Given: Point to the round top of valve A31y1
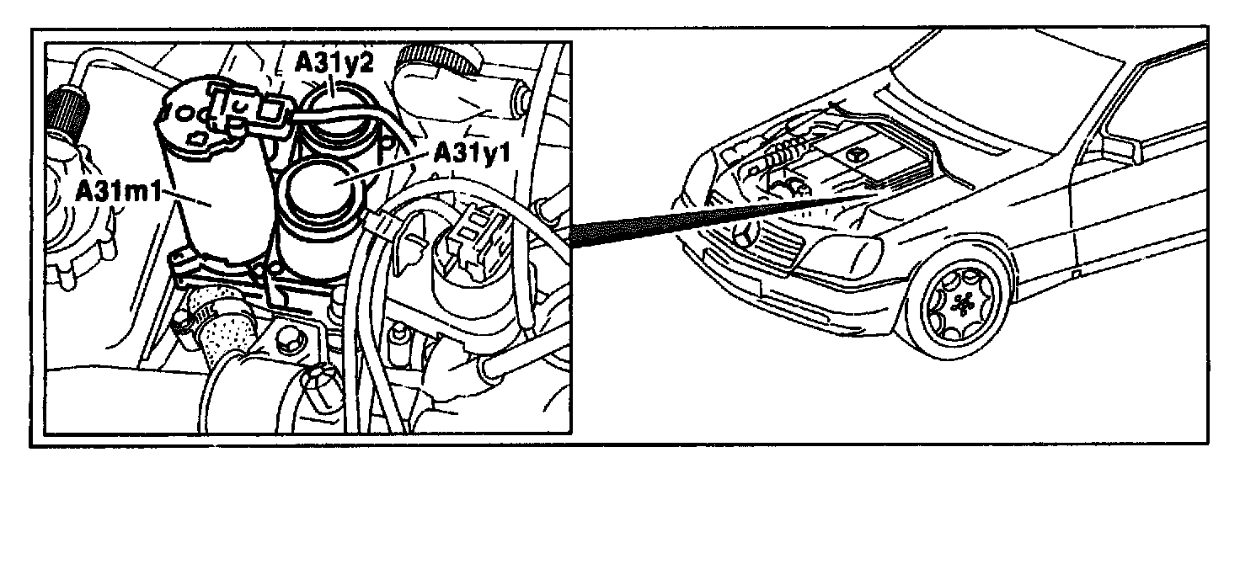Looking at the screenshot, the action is [322, 184].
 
